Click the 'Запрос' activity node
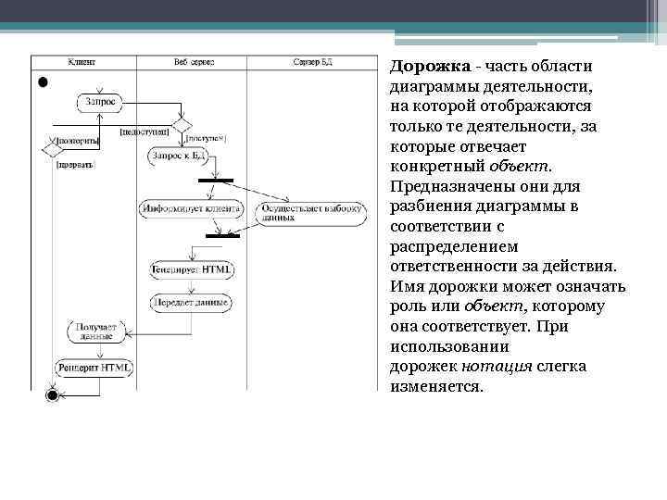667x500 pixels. coord(100,101)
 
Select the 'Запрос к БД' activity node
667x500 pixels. coord(177,156)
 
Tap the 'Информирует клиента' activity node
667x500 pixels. coord(190,209)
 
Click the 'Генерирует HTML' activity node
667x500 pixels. coord(192,269)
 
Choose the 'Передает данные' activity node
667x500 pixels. coord(192,301)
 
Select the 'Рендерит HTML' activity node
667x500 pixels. coord(94,367)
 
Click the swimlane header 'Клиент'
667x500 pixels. coord(82,62)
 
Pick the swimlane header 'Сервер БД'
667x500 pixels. coord(312,62)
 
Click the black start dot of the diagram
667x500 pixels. coord(42,81)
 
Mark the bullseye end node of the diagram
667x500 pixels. coord(52,395)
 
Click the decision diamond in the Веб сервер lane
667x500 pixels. coord(182,124)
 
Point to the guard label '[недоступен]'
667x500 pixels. coord(144,131)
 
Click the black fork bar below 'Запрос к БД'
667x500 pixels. coord(216,179)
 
